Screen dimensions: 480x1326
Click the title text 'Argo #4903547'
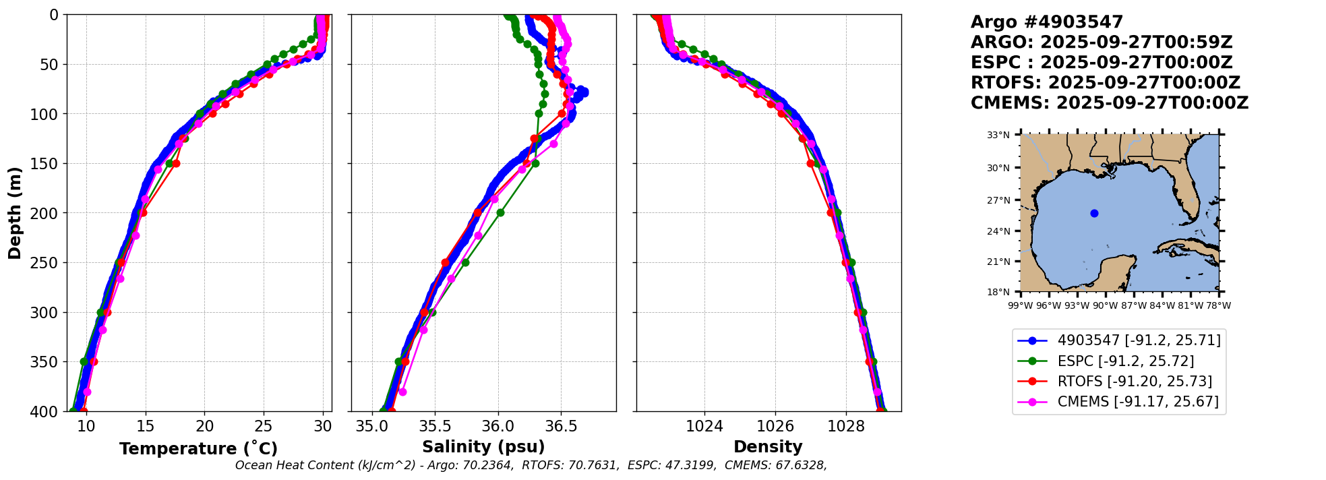pos(1046,22)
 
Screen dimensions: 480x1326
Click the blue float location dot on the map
pos(1094,214)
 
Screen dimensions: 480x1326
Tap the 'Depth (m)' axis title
pos(15,213)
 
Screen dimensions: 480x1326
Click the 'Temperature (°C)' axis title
pos(198,449)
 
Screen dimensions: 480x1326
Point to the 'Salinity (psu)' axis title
pos(483,447)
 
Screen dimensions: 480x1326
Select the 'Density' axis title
pos(768,447)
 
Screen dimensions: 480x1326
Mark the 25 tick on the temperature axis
pos(264,427)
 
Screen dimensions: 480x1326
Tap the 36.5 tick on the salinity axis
pos(561,427)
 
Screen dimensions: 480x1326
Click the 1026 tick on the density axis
pos(775,427)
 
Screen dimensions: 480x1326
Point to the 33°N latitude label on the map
pos(998,135)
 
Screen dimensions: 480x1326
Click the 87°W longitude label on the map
pos(1134,305)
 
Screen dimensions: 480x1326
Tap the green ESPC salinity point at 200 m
pos(500,212)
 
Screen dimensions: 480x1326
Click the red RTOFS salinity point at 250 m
pos(445,262)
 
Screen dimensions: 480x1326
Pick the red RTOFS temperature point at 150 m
pos(176,163)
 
